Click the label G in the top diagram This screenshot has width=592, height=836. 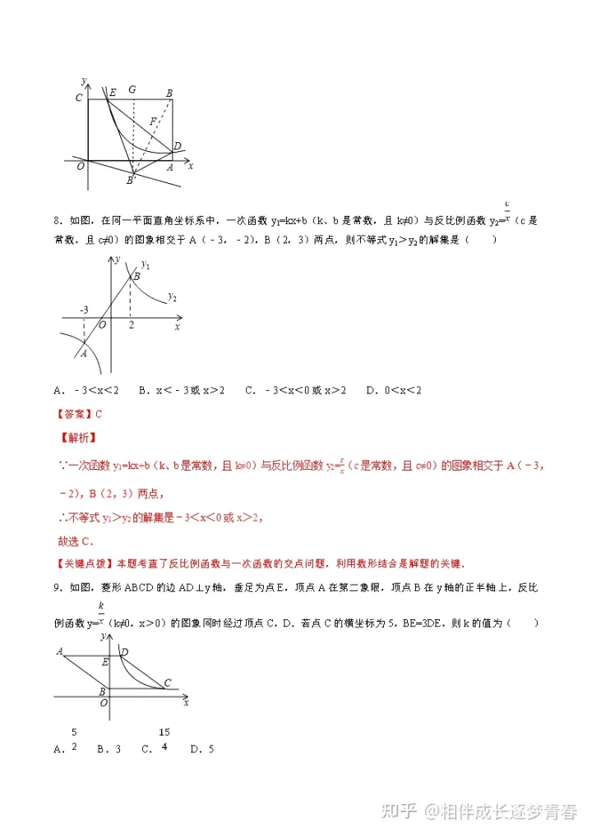[x=132, y=89]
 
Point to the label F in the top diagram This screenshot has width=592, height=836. [x=152, y=122]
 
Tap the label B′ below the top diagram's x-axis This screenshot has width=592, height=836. [x=130, y=179]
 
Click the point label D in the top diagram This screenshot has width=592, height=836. [x=177, y=147]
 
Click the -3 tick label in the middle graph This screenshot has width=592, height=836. [x=84, y=310]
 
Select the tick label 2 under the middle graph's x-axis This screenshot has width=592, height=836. [x=131, y=326]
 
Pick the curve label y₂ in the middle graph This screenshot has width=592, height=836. [x=172, y=296]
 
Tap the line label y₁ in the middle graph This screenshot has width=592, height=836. [x=146, y=264]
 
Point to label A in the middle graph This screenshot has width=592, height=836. [x=83, y=353]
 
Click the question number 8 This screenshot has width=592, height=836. [x=57, y=220]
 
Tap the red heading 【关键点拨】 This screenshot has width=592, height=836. [x=84, y=563]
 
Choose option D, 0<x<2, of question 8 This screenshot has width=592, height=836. [x=393, y=389]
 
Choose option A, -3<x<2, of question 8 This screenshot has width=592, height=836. [x=86, y=389]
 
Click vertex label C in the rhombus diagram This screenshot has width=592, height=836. [x=168, y=682]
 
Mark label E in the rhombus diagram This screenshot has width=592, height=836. [x=105, y=661]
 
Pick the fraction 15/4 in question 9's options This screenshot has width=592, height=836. [x=165, y=738]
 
